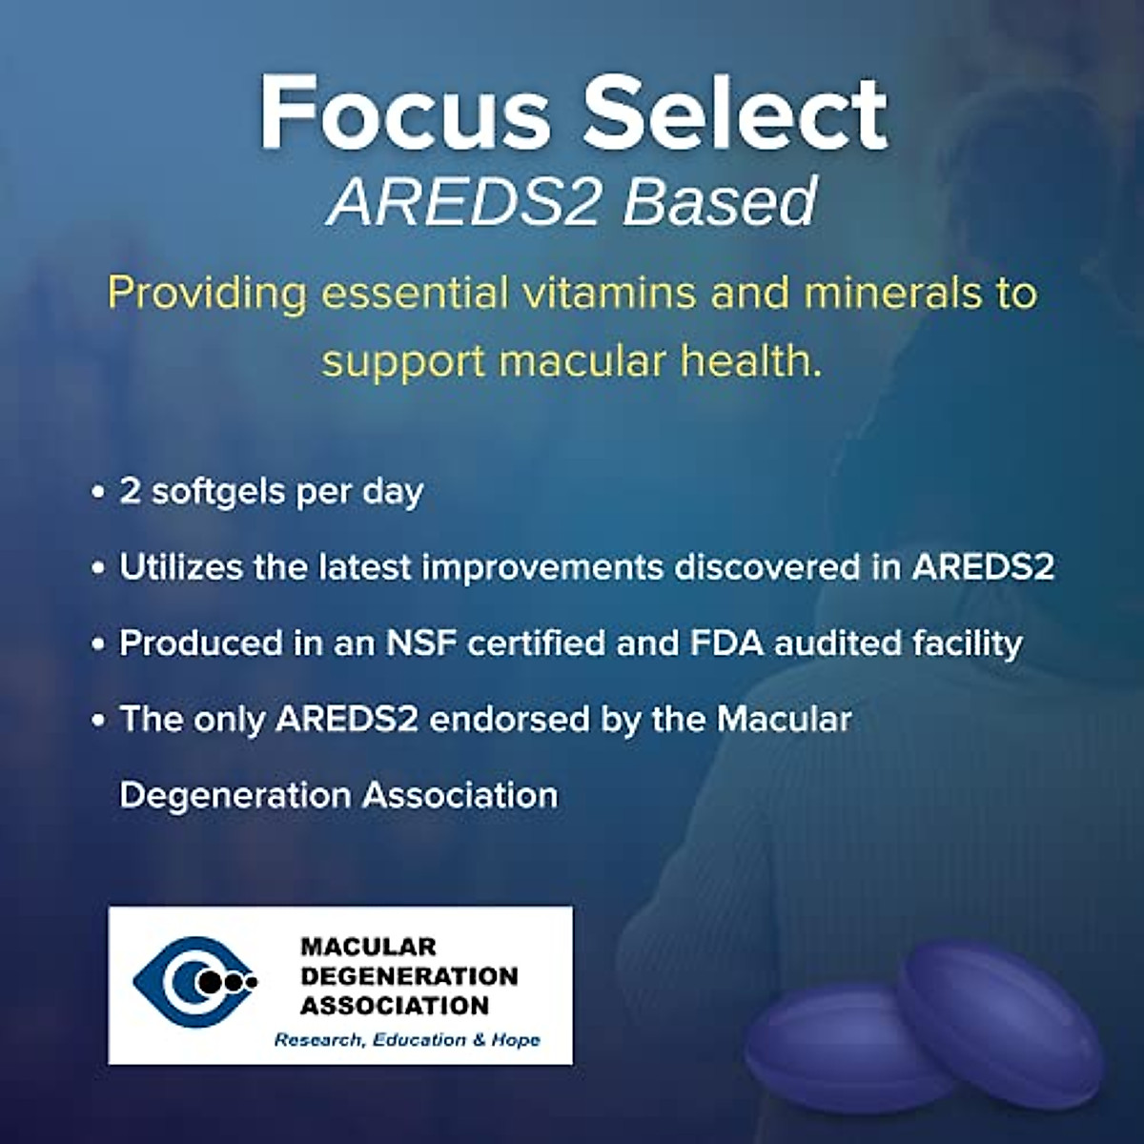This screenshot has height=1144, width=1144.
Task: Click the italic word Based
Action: point(722,202)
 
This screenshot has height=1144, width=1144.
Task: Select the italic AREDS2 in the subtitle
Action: point(463,202)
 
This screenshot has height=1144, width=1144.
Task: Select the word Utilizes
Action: point(180,567)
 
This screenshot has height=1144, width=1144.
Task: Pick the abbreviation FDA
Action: point(726,643)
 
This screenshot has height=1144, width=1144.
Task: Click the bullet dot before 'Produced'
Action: point(98,644)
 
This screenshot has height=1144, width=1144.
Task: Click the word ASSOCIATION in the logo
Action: point(395,1005)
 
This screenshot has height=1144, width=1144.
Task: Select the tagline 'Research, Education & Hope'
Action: point(407,1039)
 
